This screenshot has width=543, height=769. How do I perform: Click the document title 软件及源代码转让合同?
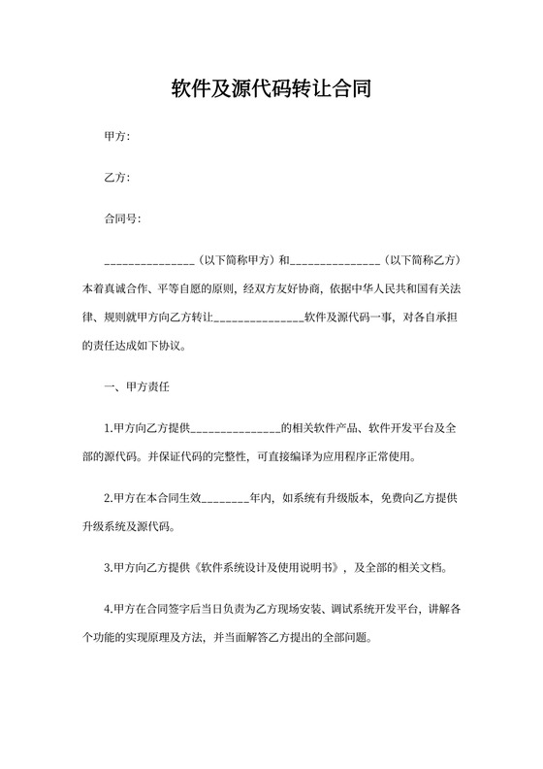[x=271, y=89]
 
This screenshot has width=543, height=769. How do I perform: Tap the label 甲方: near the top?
[x=116, y=137]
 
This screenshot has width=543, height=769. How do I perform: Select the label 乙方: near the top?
[x=116, y=178]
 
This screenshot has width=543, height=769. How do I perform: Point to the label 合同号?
[x=122, y=218]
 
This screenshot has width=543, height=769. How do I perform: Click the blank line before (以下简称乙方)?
[x=335, y=261]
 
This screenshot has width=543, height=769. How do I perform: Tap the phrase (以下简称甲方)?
[x=236, y=260]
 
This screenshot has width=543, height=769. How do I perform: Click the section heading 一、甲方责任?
[x=137, y=386]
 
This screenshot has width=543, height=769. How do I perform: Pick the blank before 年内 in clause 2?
[x=224, y=499]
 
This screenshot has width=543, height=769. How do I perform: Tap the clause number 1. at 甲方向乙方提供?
[x=108, y=428]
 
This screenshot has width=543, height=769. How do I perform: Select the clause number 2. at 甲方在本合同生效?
[x=108, y=498]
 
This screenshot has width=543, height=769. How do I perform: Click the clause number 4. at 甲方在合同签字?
[x=108, y=611]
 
